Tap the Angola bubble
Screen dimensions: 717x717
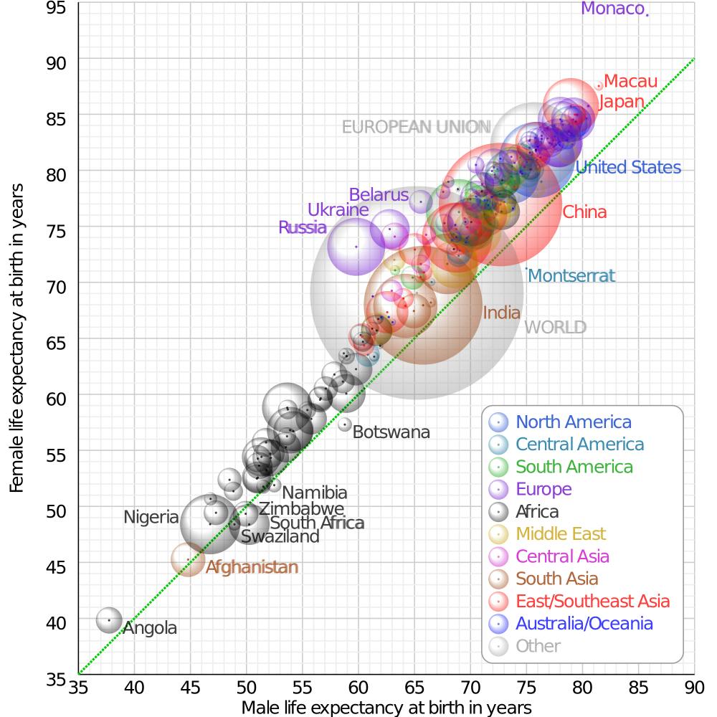tap(109, 619)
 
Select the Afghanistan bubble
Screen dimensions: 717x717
tap(188, 559)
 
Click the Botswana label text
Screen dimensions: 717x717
tap(391, 432)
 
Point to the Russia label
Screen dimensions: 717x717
tap(302, 228)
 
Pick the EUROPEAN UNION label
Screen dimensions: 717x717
tap(412, 127)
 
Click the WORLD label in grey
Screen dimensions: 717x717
tap(555, 328)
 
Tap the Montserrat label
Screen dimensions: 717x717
tap(571, 276)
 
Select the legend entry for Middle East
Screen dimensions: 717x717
tap(561, 534)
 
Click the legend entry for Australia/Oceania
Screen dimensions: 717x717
tap(584, 623)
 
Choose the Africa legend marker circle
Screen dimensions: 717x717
tap(498, 512)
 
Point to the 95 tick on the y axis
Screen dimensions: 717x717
tap(57, 9)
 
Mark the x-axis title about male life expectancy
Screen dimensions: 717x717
tap(386, 708)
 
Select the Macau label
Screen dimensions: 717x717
tap(630, 82)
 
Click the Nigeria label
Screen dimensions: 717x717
tap(151, 517)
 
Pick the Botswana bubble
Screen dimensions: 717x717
tap(344, 424)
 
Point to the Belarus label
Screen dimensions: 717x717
tap(378, 195)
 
